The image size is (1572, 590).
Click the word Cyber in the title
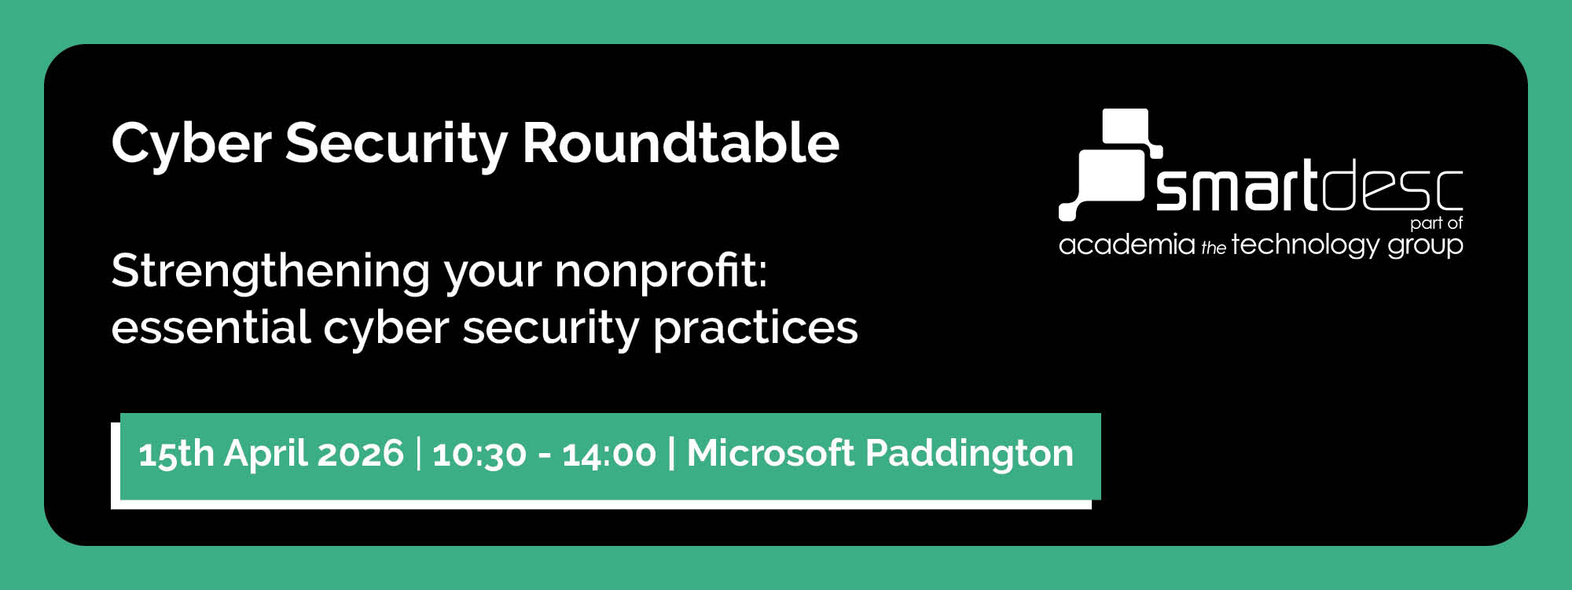[191, 144]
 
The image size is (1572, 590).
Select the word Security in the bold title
[396, 144]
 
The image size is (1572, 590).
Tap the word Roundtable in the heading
[681, 143]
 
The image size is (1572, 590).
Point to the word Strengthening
[270, 272]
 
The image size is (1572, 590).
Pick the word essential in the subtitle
[211, 327]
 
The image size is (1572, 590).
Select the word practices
[755, 328]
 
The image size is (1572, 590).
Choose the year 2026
[361, 454]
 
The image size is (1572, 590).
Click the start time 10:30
[479, 455]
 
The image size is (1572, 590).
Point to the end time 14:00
[609, 455]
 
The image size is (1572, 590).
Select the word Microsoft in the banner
[770, 453]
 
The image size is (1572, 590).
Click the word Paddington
[969, 454]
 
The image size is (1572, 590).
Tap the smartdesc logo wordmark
[1308, 187]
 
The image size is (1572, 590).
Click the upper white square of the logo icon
[1126, 126]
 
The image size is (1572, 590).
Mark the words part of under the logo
[1436, 223]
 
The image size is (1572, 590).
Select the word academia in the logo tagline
[1126, 245]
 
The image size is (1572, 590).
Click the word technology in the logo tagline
[1305, 245]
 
